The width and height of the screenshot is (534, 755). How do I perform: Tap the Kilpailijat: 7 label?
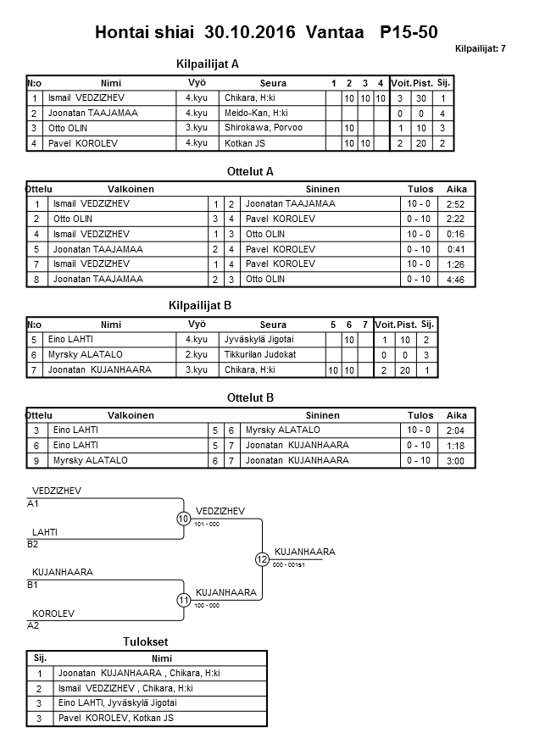click(x=481, y=48)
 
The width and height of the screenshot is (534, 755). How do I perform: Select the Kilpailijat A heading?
click(x=208, y=64)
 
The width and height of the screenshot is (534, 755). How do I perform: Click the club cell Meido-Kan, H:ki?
click(x=256, y=113)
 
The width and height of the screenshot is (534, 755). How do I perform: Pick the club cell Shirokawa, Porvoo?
click(x=264, y=128)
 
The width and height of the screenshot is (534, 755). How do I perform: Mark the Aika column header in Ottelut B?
click(x=457, y=415)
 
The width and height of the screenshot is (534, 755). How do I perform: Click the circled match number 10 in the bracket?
click(x=184, y=519)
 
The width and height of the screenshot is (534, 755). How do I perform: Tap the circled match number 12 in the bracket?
click(x=262, y=559)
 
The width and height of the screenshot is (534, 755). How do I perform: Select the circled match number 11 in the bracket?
click(x=184, y=600)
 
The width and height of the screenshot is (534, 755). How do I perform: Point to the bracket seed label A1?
click(x=34, y=503)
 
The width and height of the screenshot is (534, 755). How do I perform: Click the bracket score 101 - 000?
click(x=207, y=525)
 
